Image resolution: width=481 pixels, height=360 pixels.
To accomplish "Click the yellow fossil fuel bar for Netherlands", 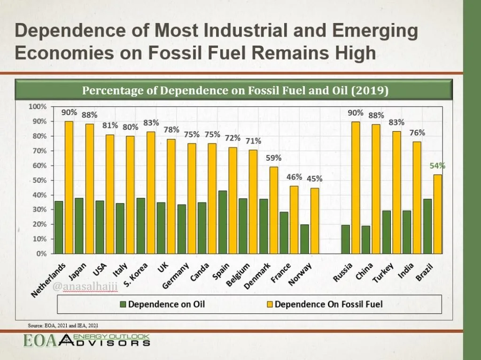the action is [x=69, y=188].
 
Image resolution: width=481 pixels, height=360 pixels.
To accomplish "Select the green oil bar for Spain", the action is [x=223, y=222].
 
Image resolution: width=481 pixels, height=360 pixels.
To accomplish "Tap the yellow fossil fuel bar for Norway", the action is [x=315, y=221].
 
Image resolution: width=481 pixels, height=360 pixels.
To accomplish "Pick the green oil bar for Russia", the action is [x=345, y=239].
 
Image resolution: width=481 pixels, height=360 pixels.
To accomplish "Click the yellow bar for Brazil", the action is [x=438, y=214].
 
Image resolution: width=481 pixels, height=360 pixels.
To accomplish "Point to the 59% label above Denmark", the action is [x=274, y=158].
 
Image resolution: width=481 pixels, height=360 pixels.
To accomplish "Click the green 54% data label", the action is [x=437, y=166].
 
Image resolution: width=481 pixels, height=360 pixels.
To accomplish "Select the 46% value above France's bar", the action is [x=294, y=177].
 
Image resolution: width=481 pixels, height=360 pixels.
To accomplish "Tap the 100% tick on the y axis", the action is [x=38, y=107].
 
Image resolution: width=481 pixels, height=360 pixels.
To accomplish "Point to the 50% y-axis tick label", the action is [x=39, y=180].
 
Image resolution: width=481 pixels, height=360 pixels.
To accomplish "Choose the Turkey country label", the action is [x=383, y=273].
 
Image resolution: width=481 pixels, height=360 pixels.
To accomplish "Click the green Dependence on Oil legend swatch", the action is [x=123, y=305].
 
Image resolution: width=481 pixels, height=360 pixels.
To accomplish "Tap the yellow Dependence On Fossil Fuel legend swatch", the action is [x=270, y=305].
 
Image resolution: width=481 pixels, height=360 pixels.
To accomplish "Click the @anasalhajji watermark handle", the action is [x=85, y=287].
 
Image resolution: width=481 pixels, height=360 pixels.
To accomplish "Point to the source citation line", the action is [x=63, y=326].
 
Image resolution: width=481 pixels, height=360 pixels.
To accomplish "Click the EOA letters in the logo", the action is [x=40, y=341].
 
